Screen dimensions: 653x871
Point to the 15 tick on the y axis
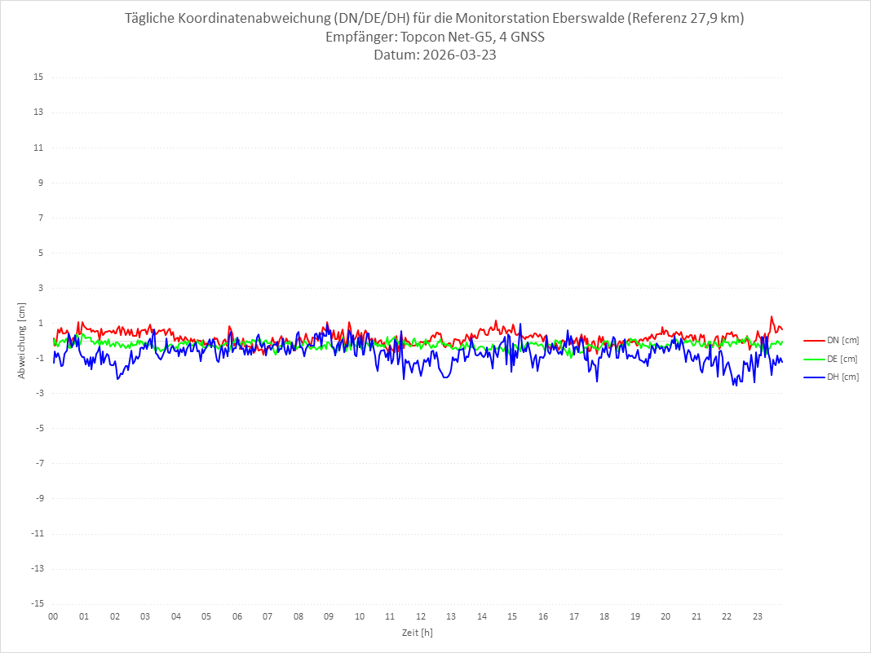(38, 77)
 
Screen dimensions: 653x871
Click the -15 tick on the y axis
(37, 604)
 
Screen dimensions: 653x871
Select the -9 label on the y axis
(38, 498)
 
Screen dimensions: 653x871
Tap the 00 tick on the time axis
(53, 616)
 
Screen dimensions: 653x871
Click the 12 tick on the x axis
(421, 616)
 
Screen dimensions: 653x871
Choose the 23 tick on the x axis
(758, 616)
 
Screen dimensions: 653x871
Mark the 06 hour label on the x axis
(237, 616)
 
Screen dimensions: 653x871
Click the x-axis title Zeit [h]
(418, 633)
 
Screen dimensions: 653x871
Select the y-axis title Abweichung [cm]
(22, 340)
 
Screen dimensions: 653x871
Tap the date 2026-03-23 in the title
(458, 55)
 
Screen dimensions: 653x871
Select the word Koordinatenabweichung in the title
(250, 19)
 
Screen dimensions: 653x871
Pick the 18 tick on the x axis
(604, 616)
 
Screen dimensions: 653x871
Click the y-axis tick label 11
(38, 148)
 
